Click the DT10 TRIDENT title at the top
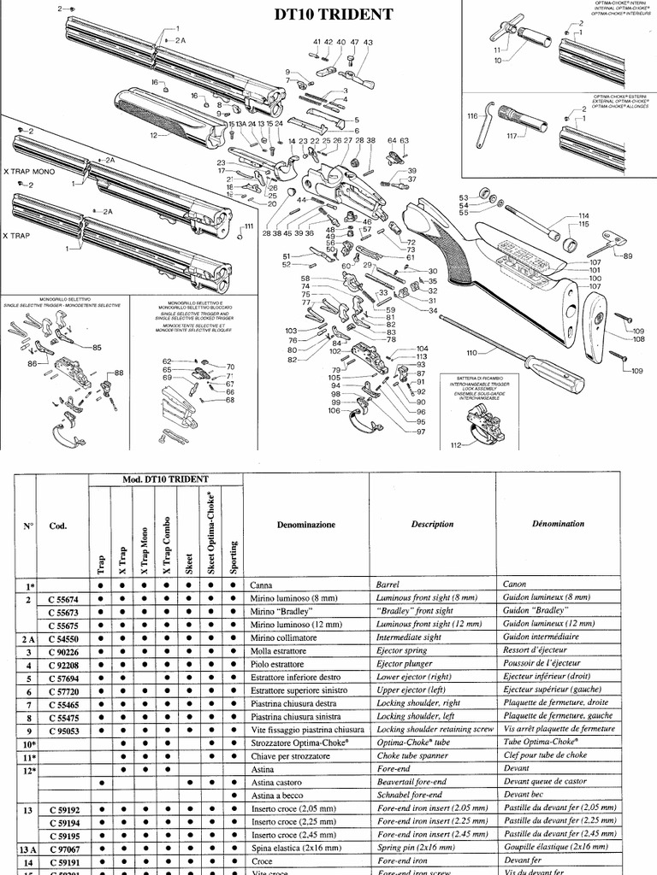333,15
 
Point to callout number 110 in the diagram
471,352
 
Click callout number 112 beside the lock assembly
456,444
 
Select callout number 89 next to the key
628,255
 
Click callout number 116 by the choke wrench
471,115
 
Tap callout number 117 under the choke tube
512,136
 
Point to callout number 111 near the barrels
250,226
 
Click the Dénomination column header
558,524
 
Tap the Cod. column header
58,526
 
